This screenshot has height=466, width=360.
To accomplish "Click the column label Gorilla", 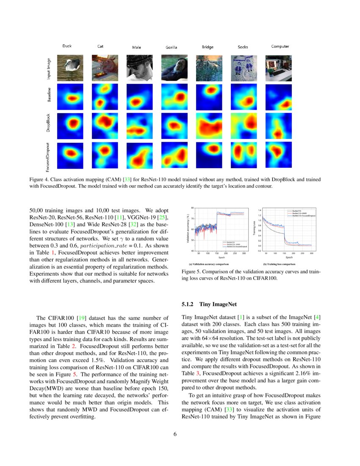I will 172,47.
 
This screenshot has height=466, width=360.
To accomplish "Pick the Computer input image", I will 278,69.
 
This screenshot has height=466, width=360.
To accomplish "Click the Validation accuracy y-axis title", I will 187,229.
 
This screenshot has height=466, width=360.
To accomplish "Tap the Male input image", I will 137,69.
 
